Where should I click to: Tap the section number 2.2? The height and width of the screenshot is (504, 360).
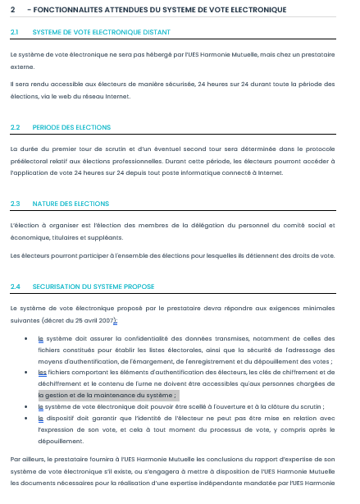pos(15,127)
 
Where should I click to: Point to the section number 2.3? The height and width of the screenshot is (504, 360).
pos(15,203)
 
